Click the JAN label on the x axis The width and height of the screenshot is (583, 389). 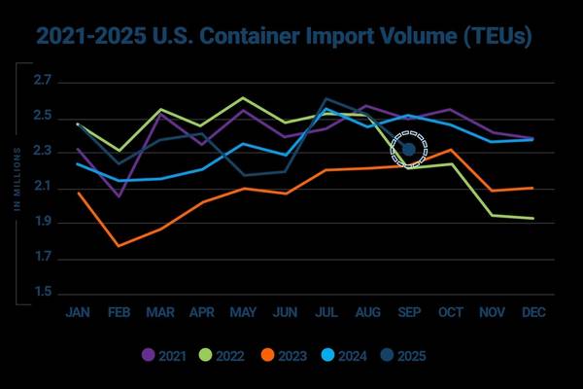[78, 313]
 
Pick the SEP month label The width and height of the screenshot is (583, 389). [409, 313]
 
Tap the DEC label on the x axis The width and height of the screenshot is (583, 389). [533, 313]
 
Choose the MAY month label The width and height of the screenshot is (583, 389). [243, 313]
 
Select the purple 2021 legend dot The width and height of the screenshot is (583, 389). [149, 355]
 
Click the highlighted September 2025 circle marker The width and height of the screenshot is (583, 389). [408, 149]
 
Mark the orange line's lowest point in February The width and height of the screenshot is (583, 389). [119, 246]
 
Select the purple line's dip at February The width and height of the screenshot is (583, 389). [119, 196]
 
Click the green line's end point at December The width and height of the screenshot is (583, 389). [532, 218]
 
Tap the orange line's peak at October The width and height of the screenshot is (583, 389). [450, 150]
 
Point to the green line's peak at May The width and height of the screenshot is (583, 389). [243, 98]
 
